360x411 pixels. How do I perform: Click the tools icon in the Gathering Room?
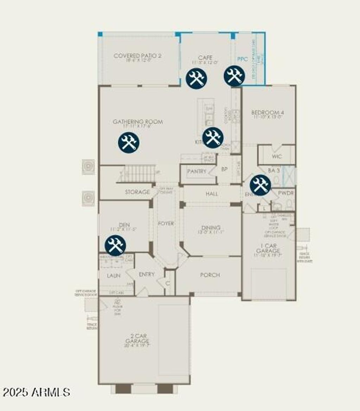click(129, 142)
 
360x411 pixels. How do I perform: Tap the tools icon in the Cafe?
click(197, 78)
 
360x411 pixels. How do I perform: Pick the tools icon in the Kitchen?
click(213, 137)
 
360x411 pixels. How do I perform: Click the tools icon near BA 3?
click(261, 185)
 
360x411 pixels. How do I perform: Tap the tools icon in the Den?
click(115, 245)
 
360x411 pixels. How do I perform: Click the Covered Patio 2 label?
click(138, 56)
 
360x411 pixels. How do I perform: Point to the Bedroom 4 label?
click(268, 113)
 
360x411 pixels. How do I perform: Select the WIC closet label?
click(277, 156)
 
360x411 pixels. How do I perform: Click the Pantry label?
click(197, 172)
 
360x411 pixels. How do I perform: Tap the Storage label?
click(137, 192)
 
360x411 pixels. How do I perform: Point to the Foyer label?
click(166, 223)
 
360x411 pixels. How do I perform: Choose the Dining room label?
click(211, 227)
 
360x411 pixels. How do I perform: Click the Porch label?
click(210, 275)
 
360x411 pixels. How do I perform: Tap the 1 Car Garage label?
click(268, 248)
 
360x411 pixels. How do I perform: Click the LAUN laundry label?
click(114, 276)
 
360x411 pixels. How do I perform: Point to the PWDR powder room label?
click(286, 193)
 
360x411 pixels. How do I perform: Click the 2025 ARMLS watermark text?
click(37, 392)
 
